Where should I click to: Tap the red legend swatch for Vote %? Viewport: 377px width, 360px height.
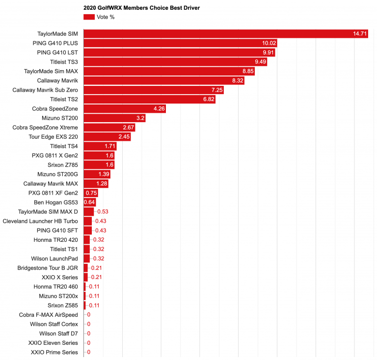89,17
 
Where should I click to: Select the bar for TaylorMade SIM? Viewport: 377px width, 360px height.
226,34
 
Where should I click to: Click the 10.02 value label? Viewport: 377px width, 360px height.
268,43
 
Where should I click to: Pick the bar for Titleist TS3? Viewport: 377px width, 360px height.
175,62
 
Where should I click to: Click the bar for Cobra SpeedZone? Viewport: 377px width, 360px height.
125,108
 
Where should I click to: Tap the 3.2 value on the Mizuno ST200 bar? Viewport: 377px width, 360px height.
140,118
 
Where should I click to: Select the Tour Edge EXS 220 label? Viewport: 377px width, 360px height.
54,137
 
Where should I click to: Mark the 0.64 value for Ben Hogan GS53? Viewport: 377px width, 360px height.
89,202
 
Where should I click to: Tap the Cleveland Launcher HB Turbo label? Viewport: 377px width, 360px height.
40,221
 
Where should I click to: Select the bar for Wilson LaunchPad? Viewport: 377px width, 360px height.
87,258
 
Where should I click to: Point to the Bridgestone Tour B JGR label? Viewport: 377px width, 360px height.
48,268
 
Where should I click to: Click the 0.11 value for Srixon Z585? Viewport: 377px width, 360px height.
94,305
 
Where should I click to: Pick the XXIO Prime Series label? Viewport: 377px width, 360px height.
54,352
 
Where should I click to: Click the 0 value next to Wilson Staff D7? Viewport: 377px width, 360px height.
88,334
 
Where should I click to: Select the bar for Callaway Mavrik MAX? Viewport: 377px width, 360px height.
96,183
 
